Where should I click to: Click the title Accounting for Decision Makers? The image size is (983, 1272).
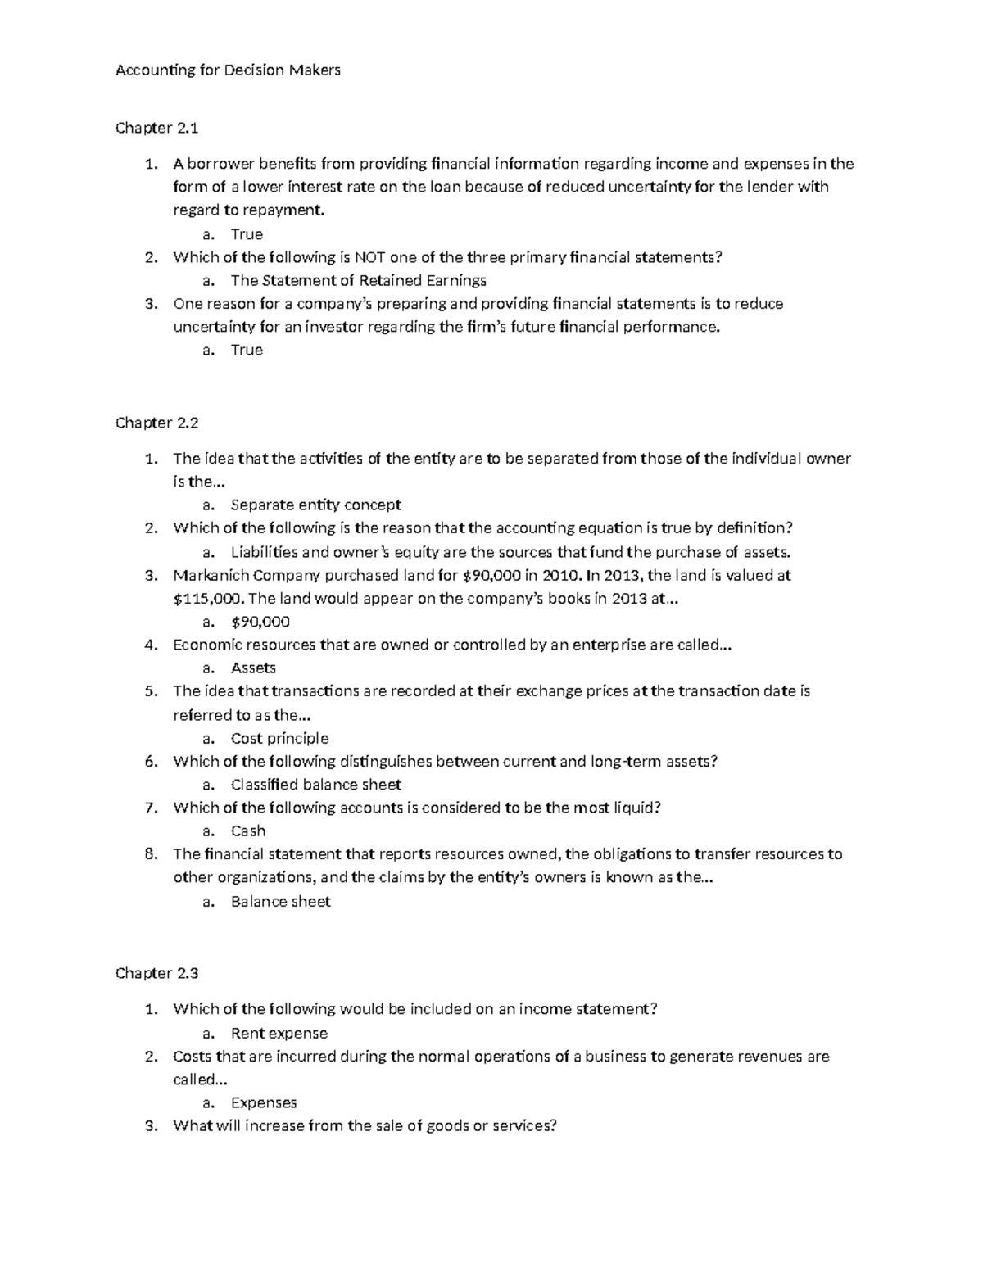pyautogui.click(x=228, y=70)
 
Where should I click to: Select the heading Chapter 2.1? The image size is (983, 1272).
pyautogui.click(x=156, y=129)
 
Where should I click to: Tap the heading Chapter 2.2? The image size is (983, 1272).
pyautogui.click(x=156, y=423)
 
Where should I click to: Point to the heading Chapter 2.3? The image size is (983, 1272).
pyautogui.click(x=156, y=974)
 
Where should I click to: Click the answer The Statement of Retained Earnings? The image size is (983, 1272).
pyautogui.click(x=358, y=281)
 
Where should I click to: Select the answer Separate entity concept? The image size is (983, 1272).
pyautogui.click(x=315, y=505)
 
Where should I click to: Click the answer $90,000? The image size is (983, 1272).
pyautogui.click(x=260, y=622)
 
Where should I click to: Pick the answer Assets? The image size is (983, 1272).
pyautogui.click(x=253, y=668)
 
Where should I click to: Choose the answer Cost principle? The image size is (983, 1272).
pyautogui.click(x=279, y=739)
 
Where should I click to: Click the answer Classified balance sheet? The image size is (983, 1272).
pyautogui.click(x=315, y=785)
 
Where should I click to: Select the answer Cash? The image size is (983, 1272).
pyautogui.click(x=247, y=831)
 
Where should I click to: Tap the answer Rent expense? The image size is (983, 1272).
pyautogui.click(x=279, y=1034)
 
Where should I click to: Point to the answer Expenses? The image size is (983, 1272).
pyautogui.click(x=263, y=1103)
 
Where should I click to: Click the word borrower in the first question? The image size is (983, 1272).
pyautogui.click(x=220, y=164)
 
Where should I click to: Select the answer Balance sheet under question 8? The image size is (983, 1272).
pyautogui.click(x=280, y=902)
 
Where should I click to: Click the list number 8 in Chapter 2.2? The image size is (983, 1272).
pyautogui.click(x=150, y=854)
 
